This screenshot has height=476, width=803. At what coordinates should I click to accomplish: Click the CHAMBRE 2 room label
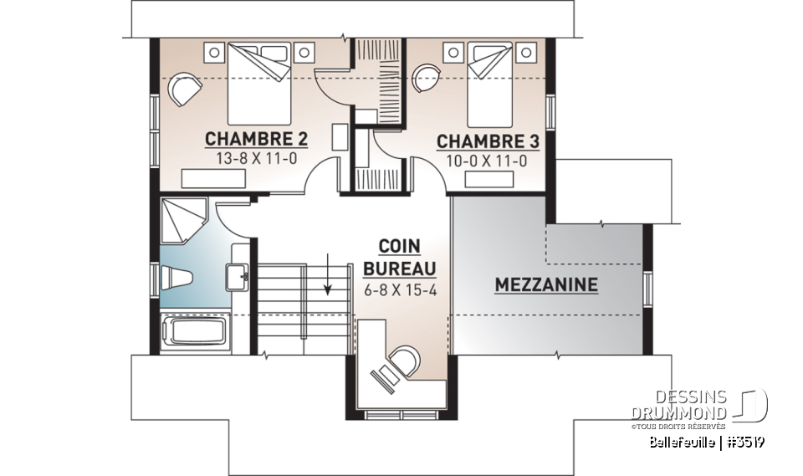click(245, 138)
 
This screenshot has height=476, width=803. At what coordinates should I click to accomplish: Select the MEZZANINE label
click(546, 285)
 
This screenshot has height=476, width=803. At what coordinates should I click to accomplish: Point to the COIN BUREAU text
click(400, 258)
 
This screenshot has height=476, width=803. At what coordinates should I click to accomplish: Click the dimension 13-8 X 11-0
click(245, 156)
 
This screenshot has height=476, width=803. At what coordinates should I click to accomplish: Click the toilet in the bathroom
click(178, 276)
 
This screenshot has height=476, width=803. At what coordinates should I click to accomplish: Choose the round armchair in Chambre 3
click(427, 77)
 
